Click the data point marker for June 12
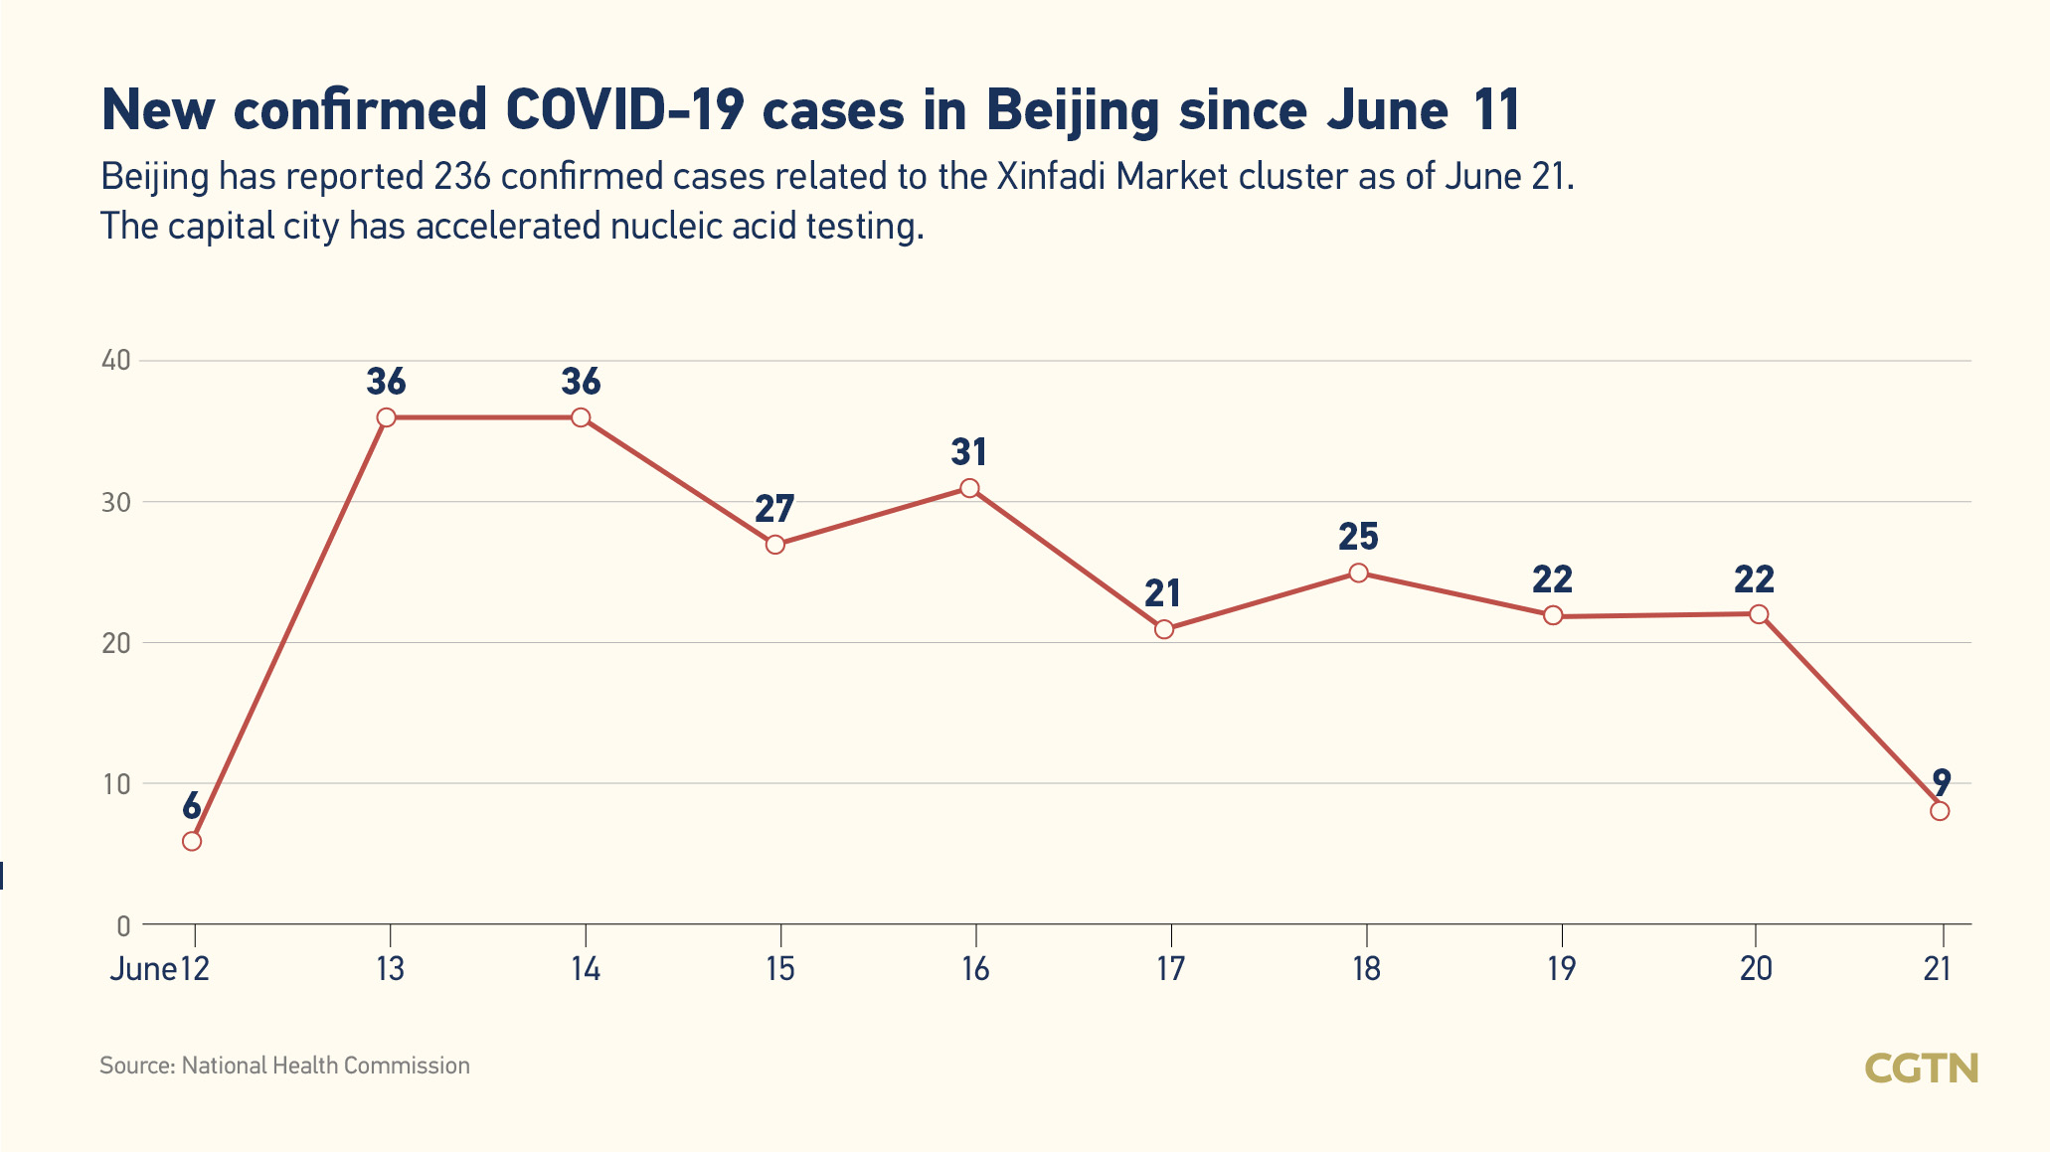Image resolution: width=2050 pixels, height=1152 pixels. coord(192,841)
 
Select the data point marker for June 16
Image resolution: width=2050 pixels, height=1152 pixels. coord(969,488)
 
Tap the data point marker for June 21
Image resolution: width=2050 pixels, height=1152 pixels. coord(1940,811)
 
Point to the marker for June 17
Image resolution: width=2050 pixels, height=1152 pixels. coord(1164,629)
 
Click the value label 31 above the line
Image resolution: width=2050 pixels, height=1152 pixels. coord(969,453)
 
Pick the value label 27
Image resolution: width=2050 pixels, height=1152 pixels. coord(774,509)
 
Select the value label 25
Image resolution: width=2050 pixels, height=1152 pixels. coord(1358,538)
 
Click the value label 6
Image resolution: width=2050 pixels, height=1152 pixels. coord(192,806)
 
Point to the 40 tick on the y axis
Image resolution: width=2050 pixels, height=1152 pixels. coord(116,361)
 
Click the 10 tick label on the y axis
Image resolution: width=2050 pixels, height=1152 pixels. coord(116,784)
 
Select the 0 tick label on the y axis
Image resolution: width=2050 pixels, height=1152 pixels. coord(123,926)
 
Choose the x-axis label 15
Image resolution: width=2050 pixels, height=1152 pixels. coord(780,969)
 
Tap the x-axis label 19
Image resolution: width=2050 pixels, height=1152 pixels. coord(1561,969)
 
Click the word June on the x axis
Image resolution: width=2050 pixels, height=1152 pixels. coord(143,969)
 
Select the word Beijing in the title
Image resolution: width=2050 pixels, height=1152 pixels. coord(1073,110)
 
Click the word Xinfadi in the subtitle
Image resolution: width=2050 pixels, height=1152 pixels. coord(1052,177)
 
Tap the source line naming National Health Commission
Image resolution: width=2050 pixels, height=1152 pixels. coord(284,1066)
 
